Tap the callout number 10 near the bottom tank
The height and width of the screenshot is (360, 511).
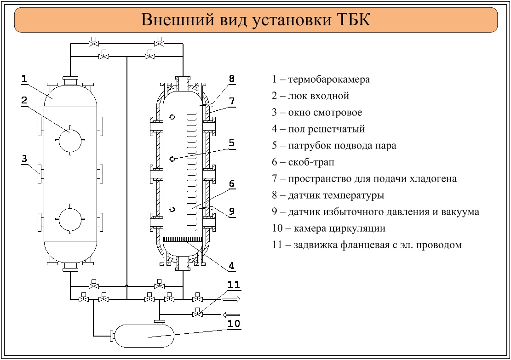234,324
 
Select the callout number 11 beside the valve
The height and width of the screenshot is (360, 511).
234,285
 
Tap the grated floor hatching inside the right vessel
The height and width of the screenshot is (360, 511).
184,239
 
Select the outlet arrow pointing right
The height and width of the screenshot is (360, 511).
231,299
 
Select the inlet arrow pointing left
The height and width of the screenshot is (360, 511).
231,314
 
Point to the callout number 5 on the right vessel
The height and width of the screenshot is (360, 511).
232,143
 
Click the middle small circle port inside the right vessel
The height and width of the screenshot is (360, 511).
172,159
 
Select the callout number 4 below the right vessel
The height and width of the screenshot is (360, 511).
232,266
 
